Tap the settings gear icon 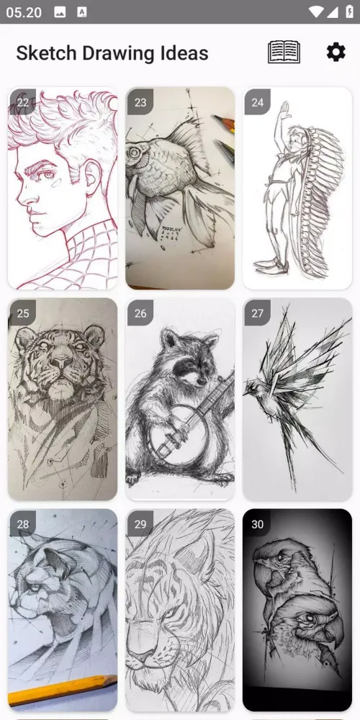(336, 52)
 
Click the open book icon (284, 52)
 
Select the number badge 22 (22, 102)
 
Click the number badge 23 (140, 102)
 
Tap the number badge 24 (257, 102)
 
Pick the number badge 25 (22, 313)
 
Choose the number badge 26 (140, 313)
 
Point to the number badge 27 (257, 313)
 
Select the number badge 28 (22, 524)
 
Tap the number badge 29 (140, 524)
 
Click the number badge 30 (257, 524)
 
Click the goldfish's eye (134, 151)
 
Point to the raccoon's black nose (201, 381)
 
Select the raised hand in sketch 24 (284, 109)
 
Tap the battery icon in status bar (349, 12)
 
